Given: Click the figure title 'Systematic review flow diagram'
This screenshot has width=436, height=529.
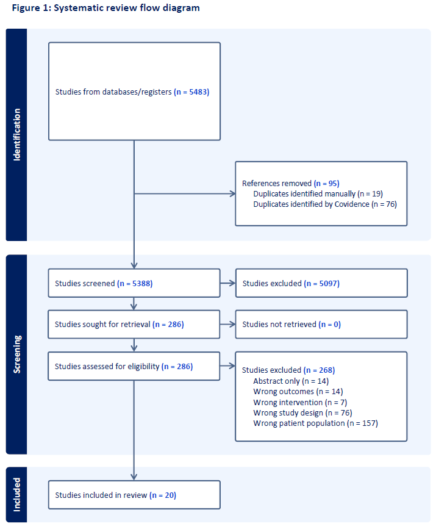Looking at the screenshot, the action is [127, 8].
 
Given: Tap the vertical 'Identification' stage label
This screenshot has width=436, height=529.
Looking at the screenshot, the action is [16, 135].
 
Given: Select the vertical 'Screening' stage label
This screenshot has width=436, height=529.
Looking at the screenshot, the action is [16, 354].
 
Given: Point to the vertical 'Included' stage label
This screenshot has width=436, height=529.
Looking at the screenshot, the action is [16, 495].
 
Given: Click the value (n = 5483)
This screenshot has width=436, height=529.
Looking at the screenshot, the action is [191, 92].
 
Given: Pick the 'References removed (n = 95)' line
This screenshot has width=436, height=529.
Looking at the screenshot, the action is [291, 183].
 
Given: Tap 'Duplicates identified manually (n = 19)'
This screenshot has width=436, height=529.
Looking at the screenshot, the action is [318, 193].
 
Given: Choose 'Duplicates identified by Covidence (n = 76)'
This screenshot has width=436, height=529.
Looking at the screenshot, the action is [325, 204].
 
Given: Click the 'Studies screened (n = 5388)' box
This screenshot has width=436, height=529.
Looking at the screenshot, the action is [134, 283].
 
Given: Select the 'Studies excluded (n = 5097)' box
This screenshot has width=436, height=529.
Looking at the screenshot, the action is [321, 283].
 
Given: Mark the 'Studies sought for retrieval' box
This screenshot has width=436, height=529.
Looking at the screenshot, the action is [134, 324].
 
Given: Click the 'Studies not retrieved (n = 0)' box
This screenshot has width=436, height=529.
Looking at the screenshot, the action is [321, 324].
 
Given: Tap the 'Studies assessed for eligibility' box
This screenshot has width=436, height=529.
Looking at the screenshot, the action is [134, 366].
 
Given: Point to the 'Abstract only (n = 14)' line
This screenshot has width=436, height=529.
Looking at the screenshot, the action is [291, 381].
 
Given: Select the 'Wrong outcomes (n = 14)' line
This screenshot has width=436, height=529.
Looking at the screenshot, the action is [298, 391].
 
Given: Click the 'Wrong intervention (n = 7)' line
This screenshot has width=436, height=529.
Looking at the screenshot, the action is [300, 402].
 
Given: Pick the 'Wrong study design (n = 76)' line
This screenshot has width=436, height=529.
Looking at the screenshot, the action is [303, 412].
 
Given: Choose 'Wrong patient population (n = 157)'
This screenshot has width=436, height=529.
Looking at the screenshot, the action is [316, 423].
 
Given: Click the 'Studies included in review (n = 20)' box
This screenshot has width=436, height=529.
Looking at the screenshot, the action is [134, 495].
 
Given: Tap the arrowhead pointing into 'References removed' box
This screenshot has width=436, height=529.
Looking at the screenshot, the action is [233, 193].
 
